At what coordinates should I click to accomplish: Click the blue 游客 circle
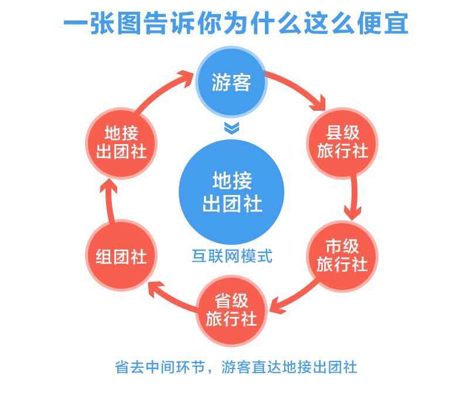click(x=231, y=82)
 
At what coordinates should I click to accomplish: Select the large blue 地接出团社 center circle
click(x=231, y=192)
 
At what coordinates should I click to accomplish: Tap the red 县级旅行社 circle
click(x=342, y=143)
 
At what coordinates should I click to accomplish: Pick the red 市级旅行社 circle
click(x=342, y=256)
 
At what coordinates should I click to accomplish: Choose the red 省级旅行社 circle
click(x=231, y=310)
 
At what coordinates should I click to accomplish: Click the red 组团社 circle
click(x=121, y=255)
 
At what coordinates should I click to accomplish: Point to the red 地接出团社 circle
click(x=121, y=143)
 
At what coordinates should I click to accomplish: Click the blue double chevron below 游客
click(x=231, y=128)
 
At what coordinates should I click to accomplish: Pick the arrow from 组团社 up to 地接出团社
click(x=108, y=201)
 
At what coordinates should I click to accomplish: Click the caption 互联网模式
click(x=232, y=256)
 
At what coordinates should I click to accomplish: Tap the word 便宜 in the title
click(x=383, y=23)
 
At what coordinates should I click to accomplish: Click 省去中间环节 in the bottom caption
click(x=160, y=367)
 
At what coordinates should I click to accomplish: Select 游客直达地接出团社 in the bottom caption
click(x=289, y=367)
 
